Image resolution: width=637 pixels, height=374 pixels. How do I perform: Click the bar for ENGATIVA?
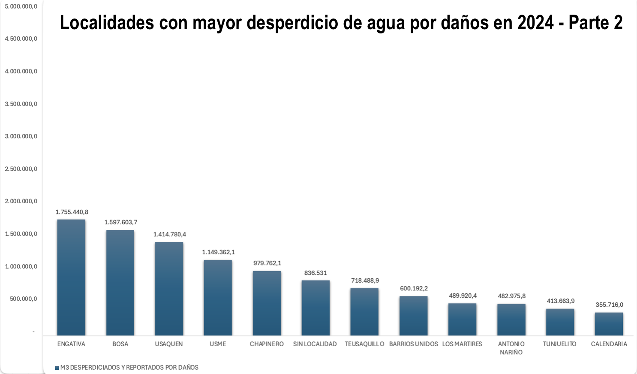pos(71,277)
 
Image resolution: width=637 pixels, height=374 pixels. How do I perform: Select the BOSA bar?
pos(120,283)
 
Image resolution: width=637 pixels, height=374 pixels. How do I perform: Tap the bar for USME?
pos(218,298)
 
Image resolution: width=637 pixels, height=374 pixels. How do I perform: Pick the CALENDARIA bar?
pos(609,324)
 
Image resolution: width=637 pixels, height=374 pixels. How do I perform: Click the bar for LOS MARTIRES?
pos(462,320)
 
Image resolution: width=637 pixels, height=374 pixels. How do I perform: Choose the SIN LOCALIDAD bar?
pos(315,308)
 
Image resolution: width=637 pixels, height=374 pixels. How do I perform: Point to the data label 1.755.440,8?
pos(72,212)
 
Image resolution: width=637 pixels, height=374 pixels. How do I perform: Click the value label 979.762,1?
pos(267,263)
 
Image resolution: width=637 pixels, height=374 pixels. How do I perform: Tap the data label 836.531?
pos(315,273)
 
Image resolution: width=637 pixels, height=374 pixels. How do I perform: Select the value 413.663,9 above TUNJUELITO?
pos(560,301)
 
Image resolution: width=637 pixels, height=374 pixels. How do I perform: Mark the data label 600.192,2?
pos(414,288)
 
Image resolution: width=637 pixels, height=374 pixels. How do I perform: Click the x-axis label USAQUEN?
pos(169,344)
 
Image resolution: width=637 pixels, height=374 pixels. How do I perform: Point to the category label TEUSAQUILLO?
pos(364,344)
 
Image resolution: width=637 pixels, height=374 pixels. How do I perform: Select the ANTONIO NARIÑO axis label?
pos(511,348)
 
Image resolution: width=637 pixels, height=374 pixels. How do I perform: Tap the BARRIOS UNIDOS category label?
pos(413,344)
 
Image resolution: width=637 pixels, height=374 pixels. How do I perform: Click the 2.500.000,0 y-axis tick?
pos(21,169)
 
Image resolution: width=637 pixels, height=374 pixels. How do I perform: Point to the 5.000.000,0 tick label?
pos(21,6)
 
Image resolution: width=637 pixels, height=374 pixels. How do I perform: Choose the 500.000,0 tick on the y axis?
pos(24,299)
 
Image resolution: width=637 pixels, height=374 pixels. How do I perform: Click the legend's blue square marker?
pos(57,368)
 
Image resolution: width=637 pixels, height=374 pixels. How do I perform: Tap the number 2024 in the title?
pos(535,23)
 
